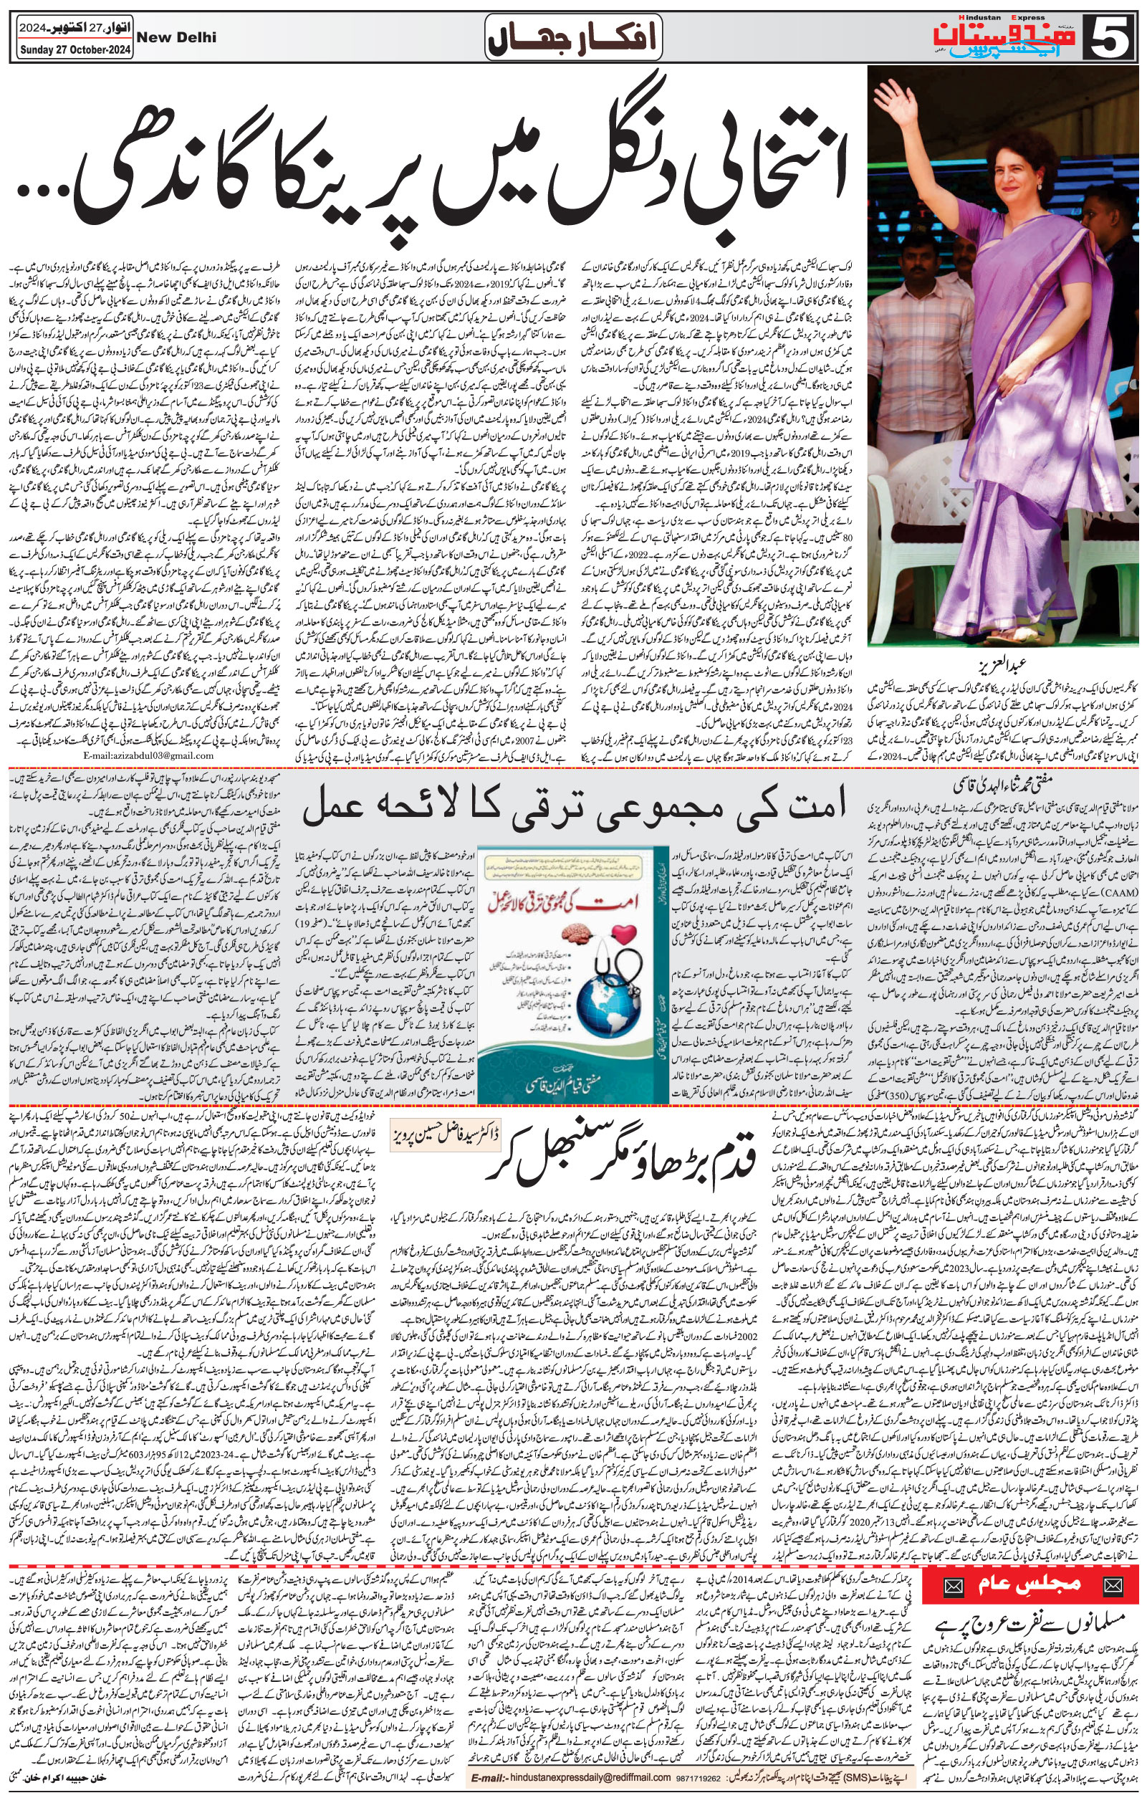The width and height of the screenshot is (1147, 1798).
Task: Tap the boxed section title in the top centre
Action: click(572, 35)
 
